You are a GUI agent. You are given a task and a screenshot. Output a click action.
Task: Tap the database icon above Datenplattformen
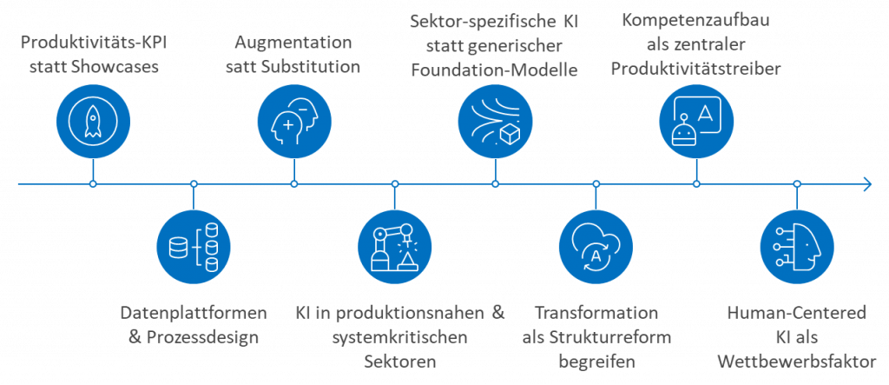(193, 248)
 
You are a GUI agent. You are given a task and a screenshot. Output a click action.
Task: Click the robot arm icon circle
(394, 248)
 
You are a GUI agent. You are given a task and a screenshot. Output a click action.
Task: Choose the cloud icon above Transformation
(596, 248)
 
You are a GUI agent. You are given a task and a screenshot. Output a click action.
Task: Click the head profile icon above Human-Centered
(796, 248)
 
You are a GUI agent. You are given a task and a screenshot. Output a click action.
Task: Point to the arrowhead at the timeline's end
(866, 183)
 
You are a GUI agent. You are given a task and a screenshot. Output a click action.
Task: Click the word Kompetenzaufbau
(696, 18)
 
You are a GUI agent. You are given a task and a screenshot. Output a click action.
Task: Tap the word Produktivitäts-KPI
(92, 42)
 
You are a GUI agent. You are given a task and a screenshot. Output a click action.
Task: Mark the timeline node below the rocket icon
(92, 183)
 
